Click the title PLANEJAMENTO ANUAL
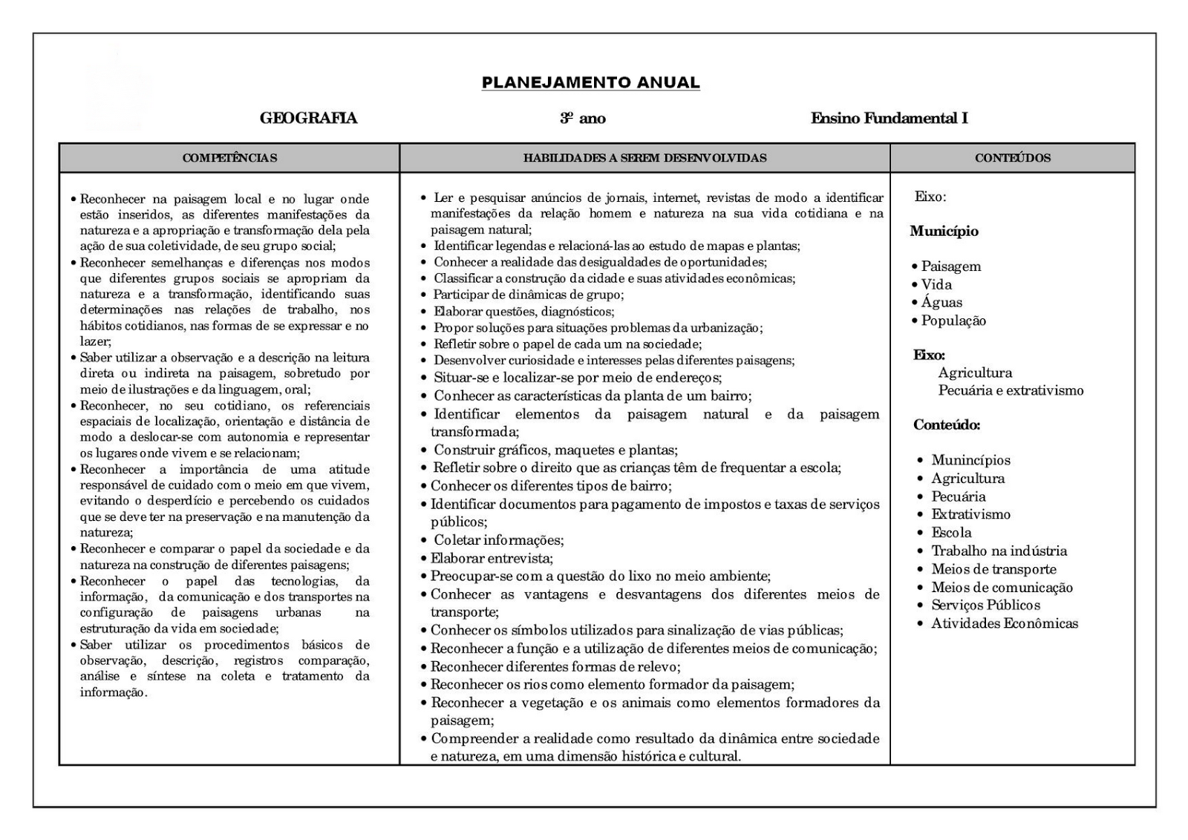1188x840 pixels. tap(590, 82)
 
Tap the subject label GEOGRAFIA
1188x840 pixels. tap(308, 118)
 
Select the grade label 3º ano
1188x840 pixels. tap(583, 118)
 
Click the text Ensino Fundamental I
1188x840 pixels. tap(889, 118)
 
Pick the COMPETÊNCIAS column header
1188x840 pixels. tap(229, 158)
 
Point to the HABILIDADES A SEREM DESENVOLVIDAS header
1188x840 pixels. tap(644, 158)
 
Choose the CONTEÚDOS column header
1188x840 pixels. tap(1013, 158)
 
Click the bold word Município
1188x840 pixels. tap(944, 232)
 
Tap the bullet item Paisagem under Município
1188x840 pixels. tap(950, 266)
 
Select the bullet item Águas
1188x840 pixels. tap(941, 303)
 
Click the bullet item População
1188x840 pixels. tap(953, 321)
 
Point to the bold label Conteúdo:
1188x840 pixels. tap(946, 425)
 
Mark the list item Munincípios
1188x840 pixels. tap(970, 460)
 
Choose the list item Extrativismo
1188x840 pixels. tap(970, 514)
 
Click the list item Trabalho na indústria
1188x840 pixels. tap(999, 551)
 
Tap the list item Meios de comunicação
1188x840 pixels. tap(1002, 588)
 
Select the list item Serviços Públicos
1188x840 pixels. tap(985, 606)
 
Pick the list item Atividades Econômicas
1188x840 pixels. tap(1004, 623)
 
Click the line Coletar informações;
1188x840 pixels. tap(498, 540)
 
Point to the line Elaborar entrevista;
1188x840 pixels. tap(492, 558)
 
